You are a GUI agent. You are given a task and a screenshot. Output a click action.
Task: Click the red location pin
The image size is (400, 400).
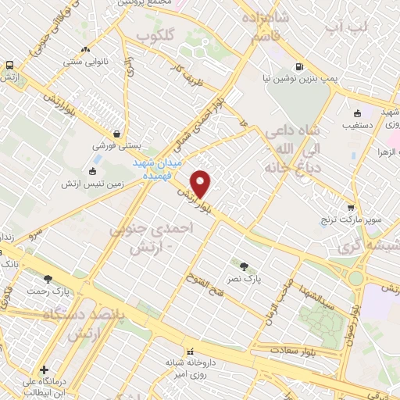202,184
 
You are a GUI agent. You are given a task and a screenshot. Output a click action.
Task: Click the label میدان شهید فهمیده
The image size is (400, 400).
155,166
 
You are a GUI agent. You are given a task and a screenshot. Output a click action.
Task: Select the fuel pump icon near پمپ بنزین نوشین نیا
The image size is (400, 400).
299,67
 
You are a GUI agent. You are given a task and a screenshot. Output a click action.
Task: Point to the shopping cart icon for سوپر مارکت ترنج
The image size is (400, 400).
351,208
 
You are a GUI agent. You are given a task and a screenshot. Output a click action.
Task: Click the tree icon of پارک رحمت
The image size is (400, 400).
48,278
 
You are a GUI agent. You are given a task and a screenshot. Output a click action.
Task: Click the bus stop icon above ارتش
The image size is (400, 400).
9,66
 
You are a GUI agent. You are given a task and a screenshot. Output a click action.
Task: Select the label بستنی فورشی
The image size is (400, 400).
116,146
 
